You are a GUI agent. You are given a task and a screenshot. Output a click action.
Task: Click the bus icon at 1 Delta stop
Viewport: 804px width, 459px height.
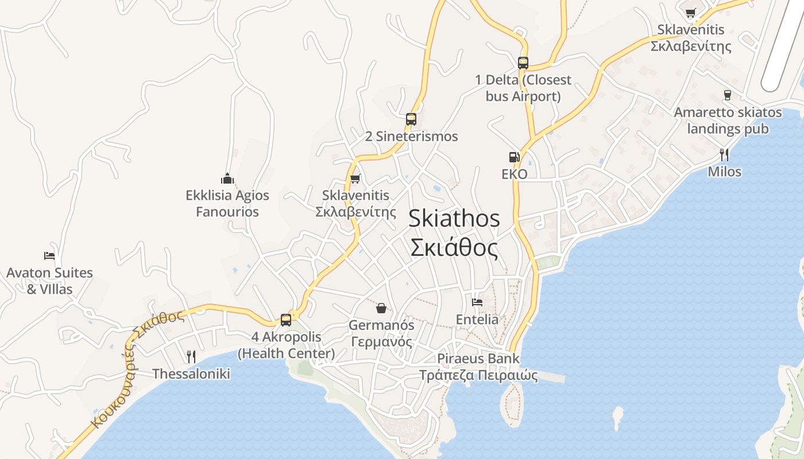click(x=523, y=63)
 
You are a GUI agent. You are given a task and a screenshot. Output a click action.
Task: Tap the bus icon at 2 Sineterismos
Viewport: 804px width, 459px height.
click(x=411, y=119)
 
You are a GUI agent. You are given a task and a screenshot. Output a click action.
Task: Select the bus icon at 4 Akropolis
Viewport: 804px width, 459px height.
click(x=286, y=320)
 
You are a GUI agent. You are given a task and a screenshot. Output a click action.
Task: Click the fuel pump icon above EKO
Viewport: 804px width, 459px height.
click(x=514, y=157)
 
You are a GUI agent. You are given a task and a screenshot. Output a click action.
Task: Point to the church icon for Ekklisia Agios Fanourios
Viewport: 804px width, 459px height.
click(x=227, y=179)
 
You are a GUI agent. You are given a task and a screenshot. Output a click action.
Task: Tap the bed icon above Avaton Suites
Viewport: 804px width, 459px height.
click(x=49, y=256)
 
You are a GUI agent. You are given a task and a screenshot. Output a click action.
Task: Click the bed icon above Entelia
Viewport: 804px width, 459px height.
click(x=477, y=302)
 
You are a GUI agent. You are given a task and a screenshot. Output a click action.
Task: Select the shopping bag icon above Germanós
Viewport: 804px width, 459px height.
click(x=381, y=309)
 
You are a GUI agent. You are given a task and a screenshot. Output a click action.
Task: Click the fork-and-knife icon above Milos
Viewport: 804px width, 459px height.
click(x=724, y=154)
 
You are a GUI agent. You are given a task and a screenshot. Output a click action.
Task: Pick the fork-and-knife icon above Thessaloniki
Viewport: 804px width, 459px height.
click(x=191, y=357)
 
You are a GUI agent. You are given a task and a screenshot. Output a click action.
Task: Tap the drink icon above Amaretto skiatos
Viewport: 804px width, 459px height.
click(x=728, y=95)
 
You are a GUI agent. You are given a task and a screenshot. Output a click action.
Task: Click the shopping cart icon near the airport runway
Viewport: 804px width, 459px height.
click(x=691, y=13)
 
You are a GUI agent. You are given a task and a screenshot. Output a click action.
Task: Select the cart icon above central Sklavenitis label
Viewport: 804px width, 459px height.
click(x=355, y=179)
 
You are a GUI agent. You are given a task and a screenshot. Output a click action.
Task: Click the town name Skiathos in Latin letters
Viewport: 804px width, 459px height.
click(x=454, y=219)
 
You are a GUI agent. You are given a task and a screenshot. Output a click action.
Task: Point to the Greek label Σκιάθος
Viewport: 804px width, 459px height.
click(x=454, y=247)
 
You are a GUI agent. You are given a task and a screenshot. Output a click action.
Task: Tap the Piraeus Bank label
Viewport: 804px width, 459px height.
click(x=478, y=359)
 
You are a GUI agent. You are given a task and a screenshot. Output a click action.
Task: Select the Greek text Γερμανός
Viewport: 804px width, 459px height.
click(x=381, y=342)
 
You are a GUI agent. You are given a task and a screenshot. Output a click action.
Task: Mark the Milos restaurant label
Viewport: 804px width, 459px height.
click(x=724, y=172)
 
